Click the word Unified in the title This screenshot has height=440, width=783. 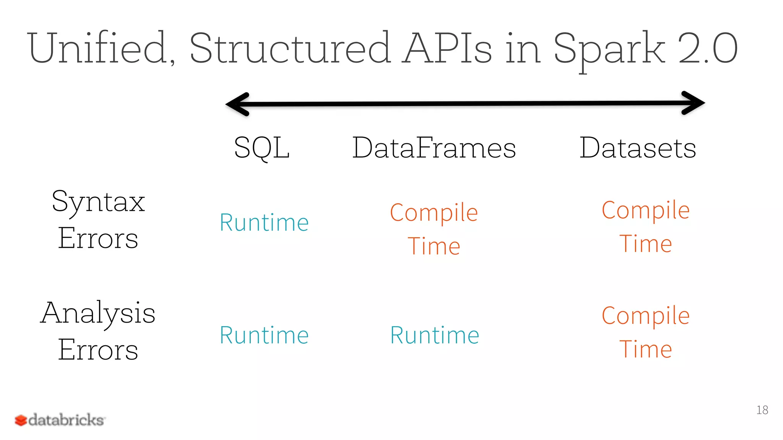[x=101, y=49]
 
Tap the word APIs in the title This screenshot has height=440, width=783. [x=448, y=49]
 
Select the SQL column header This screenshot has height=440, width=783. [x=262, y=148]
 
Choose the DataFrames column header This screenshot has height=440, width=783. [x=434, y=148]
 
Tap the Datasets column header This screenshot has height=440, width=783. [x=638, y=148]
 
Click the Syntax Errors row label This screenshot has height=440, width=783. [x=98, y=220]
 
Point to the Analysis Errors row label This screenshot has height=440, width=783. [x=98, y=330]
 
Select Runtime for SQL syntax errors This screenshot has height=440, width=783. [x=264, y=223]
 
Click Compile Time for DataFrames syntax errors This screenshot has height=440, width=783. [x=434, y=229]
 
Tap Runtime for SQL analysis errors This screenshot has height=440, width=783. [x=264, y=335]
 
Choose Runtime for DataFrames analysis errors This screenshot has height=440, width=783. [x=435, y=335]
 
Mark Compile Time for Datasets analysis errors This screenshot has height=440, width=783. [x=646, y=332]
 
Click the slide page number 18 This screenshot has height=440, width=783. [x=762, y=410]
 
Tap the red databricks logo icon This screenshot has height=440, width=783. [x=21, y=421]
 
